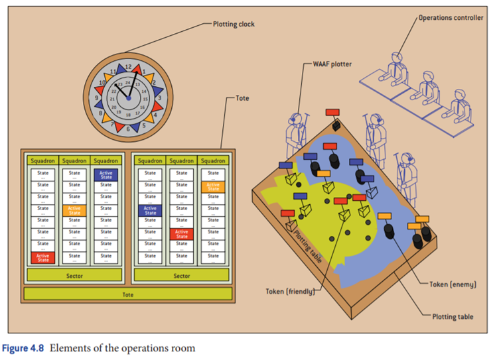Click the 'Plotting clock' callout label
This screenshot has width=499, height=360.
tap(234, 25)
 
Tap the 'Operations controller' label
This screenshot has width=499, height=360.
tap(451, 18)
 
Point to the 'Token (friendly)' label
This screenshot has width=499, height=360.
tap(289, 290)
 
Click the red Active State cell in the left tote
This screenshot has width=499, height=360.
tap(42, 257)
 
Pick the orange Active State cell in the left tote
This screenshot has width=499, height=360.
tap(74, 210)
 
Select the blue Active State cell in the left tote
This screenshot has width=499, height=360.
tap(106, 175)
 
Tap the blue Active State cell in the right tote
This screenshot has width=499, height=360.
tap(150, 210)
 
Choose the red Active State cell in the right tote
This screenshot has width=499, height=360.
tap(182, 233)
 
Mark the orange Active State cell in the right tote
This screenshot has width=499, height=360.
tap(213, 186)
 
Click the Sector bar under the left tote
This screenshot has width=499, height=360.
tap(74, 275)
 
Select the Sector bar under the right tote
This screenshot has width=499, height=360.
tap(181, 275)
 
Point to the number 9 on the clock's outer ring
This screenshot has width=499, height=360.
tap(98, 98)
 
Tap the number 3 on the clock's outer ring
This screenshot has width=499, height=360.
tap(159, 98)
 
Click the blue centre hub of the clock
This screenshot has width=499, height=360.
tap(129, 98)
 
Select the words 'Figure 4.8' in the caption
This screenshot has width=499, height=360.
tap(25, 348)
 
